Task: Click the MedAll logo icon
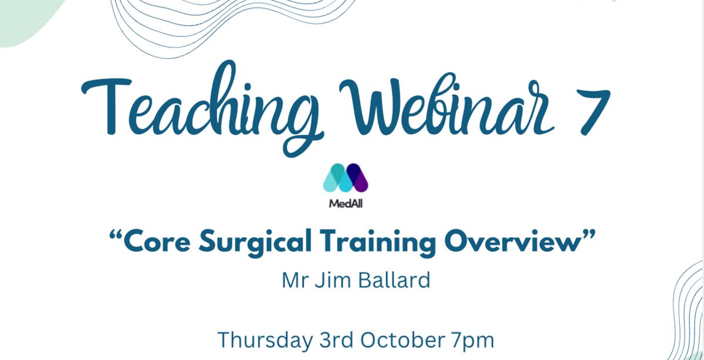346,178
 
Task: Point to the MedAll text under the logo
346,203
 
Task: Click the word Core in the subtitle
157,242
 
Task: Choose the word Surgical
255,243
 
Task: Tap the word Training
378,243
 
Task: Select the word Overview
512,242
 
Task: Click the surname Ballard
394,280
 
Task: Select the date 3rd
336,340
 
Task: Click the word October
402,340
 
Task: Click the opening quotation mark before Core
116,235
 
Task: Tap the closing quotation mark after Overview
588,234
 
